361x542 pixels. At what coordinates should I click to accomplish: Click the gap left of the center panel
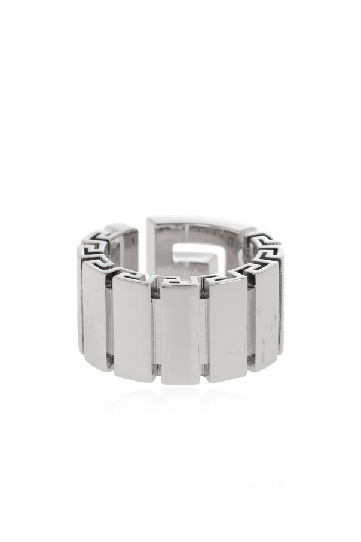coord(155,335)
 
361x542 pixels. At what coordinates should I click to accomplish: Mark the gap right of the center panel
coord(204,335)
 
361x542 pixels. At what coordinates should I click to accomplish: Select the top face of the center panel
coord(180,282)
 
